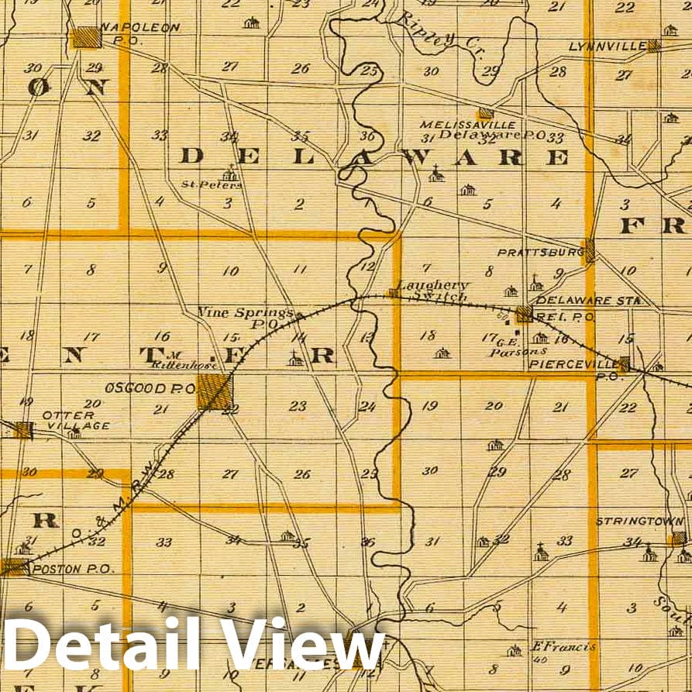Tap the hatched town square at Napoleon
tap(86, 36)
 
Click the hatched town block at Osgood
tap(215, 391)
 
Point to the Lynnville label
tap(608, 46)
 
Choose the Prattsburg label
tap(540, 253)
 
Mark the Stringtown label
tap(639, 522)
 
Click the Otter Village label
tap(75, 420)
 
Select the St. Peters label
tap(212, 184)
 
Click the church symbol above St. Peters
tap(229, 173)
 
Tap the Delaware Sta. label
tap(585, 300)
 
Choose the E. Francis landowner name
tap(552, 646)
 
